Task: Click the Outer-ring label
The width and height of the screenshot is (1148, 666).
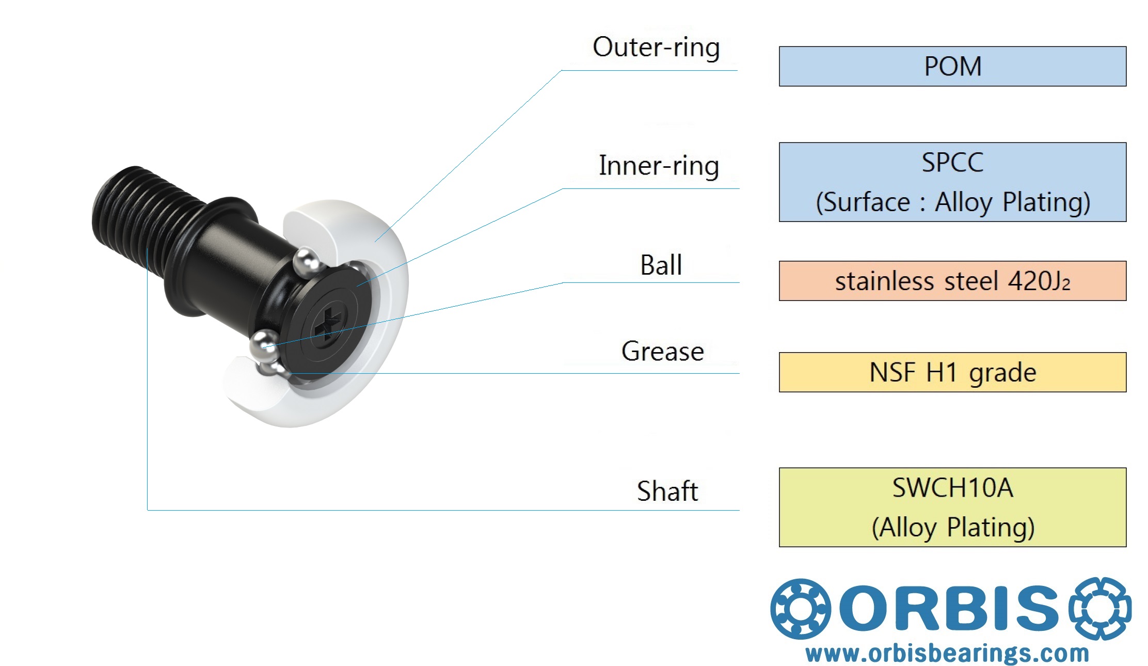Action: click(x=656, y=47)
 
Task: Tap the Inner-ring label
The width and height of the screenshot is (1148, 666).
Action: click(x=659, y=166)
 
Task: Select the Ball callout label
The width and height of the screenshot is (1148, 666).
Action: click(x=661, y=265)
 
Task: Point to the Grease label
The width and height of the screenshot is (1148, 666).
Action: click(x=662, y=352)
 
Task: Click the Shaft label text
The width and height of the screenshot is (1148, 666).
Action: click(x=667, y=491)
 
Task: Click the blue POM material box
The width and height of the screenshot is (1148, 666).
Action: click(x=952, y=67)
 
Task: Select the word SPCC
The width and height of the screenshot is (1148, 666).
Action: click(x=952, y=163)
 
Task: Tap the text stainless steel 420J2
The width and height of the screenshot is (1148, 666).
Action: click(x=952, y=281)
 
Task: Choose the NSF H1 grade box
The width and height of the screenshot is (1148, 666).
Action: click(x=952, y=372)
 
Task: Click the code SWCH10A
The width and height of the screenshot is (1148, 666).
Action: click(x=952, y=488)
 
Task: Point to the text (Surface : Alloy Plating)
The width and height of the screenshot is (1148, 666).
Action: click(x=952, y=202)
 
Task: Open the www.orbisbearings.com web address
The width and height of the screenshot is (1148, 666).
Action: click(x=947, y=654)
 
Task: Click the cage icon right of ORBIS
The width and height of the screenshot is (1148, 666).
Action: click(x=1099, y=608)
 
